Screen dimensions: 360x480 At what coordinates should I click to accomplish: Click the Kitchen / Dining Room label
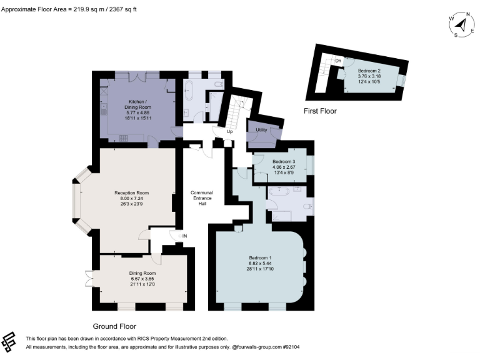137,104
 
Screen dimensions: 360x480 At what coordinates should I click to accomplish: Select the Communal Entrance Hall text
202,197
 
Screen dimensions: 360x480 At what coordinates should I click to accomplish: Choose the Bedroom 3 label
284,161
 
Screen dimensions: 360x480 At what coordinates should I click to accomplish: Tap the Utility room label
261,129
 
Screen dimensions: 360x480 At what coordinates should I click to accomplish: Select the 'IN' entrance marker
185,236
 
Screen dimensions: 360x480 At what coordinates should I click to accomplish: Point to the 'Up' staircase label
229,132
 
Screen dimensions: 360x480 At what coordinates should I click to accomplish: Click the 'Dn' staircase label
337,60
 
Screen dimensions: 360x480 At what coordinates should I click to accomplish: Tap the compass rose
461,24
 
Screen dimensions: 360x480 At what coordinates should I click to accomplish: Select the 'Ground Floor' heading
114,326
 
